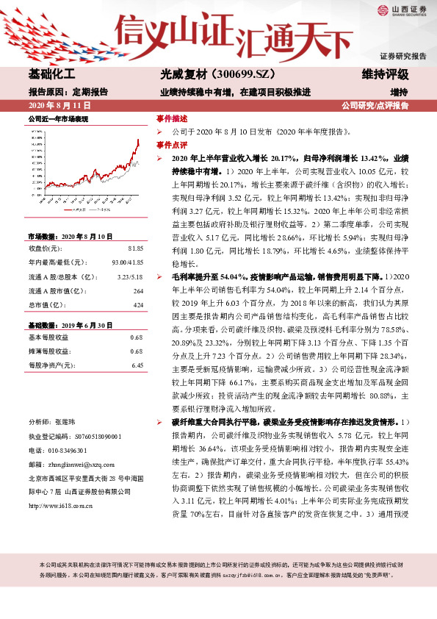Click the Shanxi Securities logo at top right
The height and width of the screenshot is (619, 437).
tap(400, 10)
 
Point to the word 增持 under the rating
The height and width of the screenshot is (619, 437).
tap(399, 92)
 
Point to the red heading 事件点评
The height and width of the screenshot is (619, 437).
tap(167, 145)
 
